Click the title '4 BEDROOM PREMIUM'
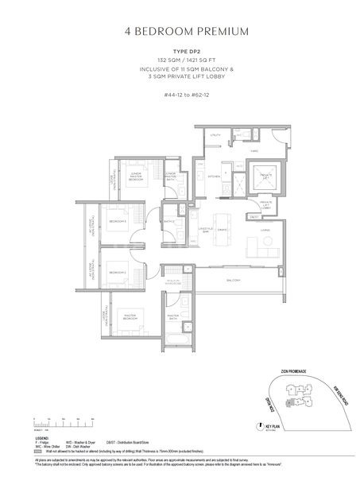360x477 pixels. click(x=180, y=32)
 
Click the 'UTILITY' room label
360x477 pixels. click(x=214, y=136)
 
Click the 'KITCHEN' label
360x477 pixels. click(x=214, y=176)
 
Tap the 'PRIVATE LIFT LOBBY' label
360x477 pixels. click(x=266, y=204)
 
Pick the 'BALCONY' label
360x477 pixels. click(x=234, y=281)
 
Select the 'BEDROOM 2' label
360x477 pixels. click(x=119, y=271)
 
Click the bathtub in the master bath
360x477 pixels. click(x=175, y=343)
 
